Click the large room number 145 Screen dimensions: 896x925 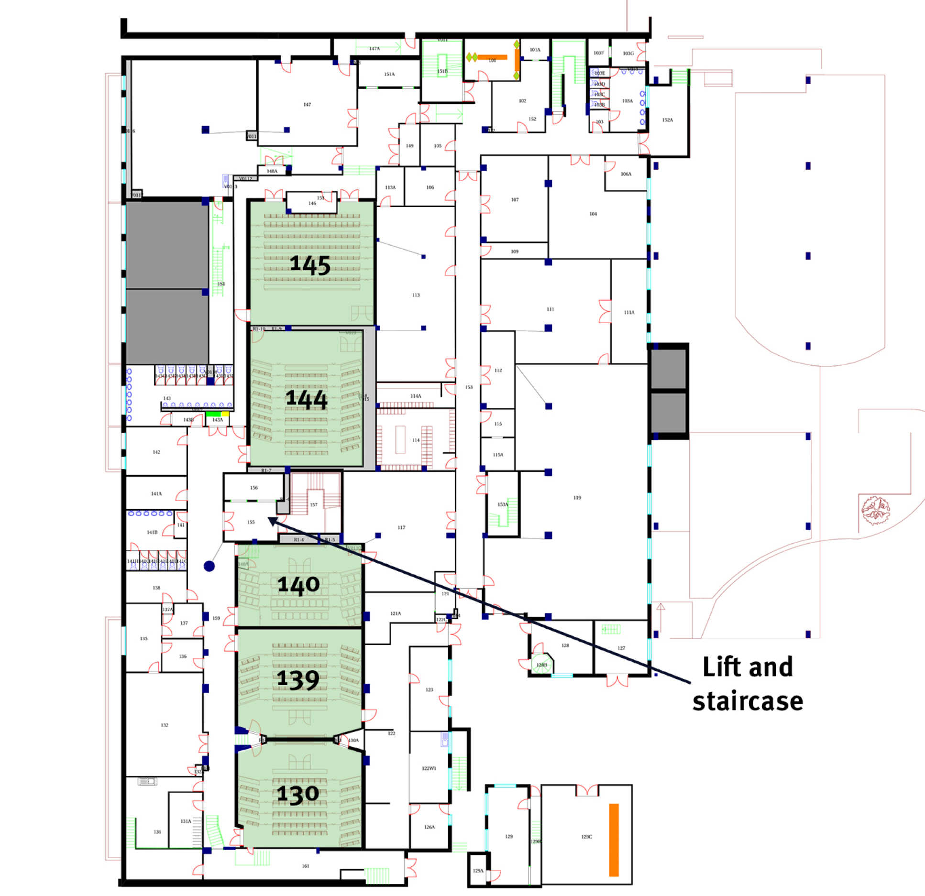(x=310, y=265)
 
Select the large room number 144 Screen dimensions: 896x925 (x=306, y=399)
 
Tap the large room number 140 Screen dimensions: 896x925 (x=298, y=585)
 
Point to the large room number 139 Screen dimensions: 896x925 (x=298, y=679)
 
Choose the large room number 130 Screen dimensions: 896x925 (x=298, y=794)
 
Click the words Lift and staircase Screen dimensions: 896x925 (x=748, y=684)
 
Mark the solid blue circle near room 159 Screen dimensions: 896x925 (x=209, y=566)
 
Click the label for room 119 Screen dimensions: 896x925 (x=577, y=498)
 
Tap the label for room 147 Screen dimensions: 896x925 (x=307, y=105)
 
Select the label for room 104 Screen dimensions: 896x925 (x=593, y=214)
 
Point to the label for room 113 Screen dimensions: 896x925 (x=416, y=295)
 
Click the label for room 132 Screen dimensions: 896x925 (x=165, y=725)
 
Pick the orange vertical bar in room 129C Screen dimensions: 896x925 (x=614, y=840)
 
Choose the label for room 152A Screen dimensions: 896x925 (x=668, y=120)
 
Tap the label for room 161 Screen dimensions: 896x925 (x=306, y=866)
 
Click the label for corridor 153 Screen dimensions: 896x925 (x=469, y=387)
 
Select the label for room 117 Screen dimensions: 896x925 (x=401, y=528)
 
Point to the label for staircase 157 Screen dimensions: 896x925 (x=314, y=505)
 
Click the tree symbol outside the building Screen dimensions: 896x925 (x=875, y=510)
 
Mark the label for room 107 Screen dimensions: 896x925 (x=515, y=200)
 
